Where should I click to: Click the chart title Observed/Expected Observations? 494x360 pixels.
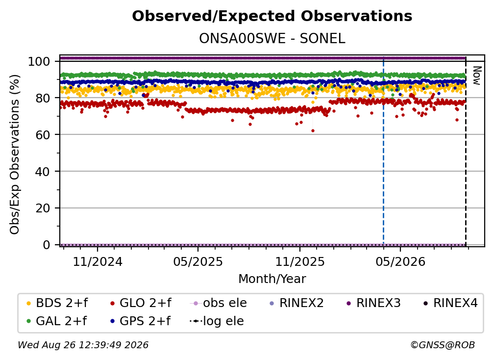[x=272, y=16]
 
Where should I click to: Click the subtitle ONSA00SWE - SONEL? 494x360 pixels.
[x=272, y=39]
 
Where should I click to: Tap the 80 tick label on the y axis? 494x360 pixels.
[x=43, y=98]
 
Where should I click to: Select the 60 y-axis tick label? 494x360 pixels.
[x=43, y=135]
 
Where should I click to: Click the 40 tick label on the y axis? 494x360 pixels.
[x=43, y=172]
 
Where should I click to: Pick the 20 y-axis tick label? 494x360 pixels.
[x=43, y=208]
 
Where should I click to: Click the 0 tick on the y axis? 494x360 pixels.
[x=46, y=245]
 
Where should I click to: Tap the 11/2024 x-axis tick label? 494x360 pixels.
[x=98, y=261]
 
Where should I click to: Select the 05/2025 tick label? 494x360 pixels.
[x=198, y=261]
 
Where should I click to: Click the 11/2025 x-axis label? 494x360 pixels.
[x=300, y=261]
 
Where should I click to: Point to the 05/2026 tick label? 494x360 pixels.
[x=400, y=261]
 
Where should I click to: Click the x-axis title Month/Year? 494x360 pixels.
[x=272, y=279]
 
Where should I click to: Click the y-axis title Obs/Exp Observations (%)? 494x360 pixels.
[x=15, y=154]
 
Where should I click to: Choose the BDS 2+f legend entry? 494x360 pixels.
[x=57, y=303]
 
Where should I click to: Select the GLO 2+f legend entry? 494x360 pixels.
[x=141, y=303]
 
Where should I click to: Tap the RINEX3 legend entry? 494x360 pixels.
[x=373, y=303]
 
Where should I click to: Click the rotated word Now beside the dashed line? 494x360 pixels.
[x=477, y=76]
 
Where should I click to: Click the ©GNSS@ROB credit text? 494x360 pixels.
[x=443, y=345]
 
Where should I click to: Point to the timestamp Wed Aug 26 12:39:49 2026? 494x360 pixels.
[x=83, y=345]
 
